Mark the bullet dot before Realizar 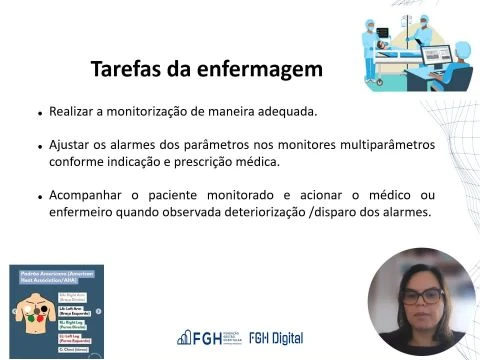pyautogui.click(x=39, y=113)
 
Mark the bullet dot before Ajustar pyautogui.click(x=39, y=147)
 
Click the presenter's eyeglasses pyautogui.click(x=424, y=296)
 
